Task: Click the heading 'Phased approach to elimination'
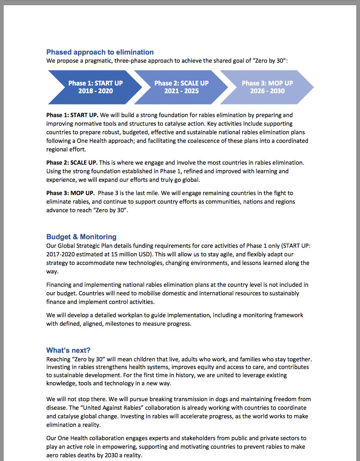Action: point(100,52)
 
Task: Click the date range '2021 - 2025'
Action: point(181,91)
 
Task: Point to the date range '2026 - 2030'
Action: point(267,91)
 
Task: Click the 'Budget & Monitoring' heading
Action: point(81,237)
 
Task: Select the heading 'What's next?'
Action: point(69,350)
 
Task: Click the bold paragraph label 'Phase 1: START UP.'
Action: point(72,115)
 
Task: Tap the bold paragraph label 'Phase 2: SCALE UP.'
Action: point(72,162)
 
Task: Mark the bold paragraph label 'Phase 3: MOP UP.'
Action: point(70,193)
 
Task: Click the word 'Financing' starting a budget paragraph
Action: point(60,285)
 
